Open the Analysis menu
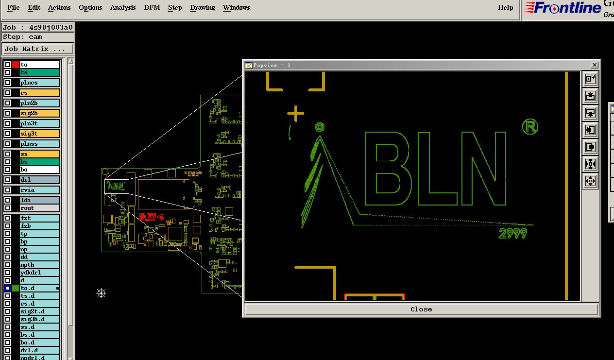coord(122,7)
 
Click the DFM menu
coord(152,7)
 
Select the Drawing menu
coord(203,7)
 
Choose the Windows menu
coord(236,7)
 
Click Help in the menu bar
coord(505,7)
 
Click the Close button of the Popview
coord(421,309)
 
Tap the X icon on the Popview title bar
coord(594,65)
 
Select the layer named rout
coord(39,208)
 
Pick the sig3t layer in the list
coord(39,134)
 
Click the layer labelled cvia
coord(39,190)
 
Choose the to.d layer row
coord(39,288)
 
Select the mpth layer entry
coord(39,265)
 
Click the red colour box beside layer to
coord(16,65)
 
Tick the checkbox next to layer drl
coord(8,180)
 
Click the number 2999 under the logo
coord(512,234)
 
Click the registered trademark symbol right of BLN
coord(530,127)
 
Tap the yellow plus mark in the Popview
coord(295,114)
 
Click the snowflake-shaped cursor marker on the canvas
coord(101,293)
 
